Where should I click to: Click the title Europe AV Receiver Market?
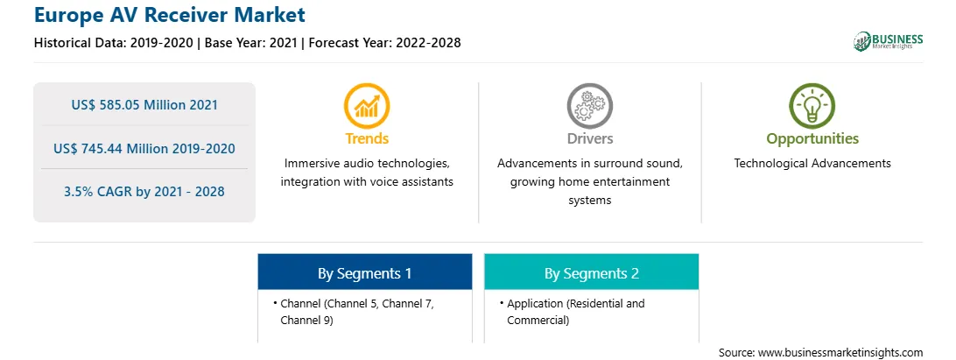(x=170, y=15)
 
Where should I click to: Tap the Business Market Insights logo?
(x=888, y=41)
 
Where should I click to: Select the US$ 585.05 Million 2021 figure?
(x=144, y=105)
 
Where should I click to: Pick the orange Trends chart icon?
(x=367, y=106)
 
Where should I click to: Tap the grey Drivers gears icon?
(x=589, y=106)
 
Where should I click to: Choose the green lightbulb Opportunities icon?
(x=812, y=106)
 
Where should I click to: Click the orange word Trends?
(x=367, y=138)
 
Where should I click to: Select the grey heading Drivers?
(x=589, y=138)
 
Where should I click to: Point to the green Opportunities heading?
(x=812, y=139)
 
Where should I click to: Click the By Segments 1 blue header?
(x=364, y=273)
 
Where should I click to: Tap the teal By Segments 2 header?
(x=592, y=273)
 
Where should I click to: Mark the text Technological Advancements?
(x=812, y=164)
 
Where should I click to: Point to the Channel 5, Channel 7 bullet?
(x=357, y=304)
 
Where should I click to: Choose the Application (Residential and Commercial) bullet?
(x=575, y=312)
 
